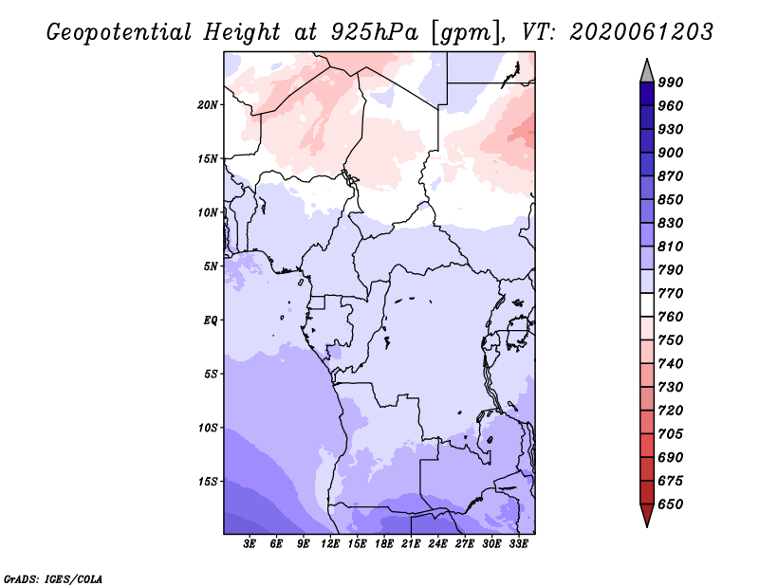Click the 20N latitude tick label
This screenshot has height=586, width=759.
tap(207, 105)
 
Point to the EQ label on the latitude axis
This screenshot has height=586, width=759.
tap(210, 320)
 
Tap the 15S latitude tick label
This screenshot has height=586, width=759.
tap(208, 482)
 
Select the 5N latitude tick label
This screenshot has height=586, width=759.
tap(210, 266)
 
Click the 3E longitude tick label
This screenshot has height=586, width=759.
tap(250, 544)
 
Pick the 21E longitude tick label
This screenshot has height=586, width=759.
tap(411, 544)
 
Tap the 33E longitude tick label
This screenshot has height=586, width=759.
tap(518, 544)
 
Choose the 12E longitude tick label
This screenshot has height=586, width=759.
tap(330, 544)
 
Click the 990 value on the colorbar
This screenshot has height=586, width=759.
tap(671, 82)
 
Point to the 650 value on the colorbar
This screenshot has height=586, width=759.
tap(671, 504)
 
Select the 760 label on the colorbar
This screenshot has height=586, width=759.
tap(671, 317)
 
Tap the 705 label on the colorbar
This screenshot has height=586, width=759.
tap(671, 434)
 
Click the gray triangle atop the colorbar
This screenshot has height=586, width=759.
tap(647, 71)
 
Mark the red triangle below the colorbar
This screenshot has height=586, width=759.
tap(647, 514)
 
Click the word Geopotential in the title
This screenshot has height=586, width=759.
tap(120, 32)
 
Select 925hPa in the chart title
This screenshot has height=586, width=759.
tap(375, 32)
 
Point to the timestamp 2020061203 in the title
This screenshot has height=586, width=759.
tap(641, 32)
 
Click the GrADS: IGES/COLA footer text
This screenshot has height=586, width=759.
tap(53, 579)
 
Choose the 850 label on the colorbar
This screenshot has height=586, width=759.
tap(671, 200)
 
